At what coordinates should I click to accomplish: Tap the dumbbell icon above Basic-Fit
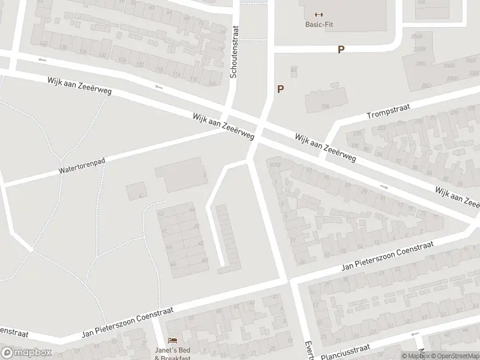(x=318, y=15)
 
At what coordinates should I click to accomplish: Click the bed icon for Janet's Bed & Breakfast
(x=173, y=341)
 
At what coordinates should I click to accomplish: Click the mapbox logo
(x=26, y=353)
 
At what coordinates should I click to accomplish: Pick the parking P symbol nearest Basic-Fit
(x=341, y=50)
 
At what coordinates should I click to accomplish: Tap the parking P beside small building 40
(x=280, y=89)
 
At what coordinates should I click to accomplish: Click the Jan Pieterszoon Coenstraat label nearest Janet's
(x=127, y=323)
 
